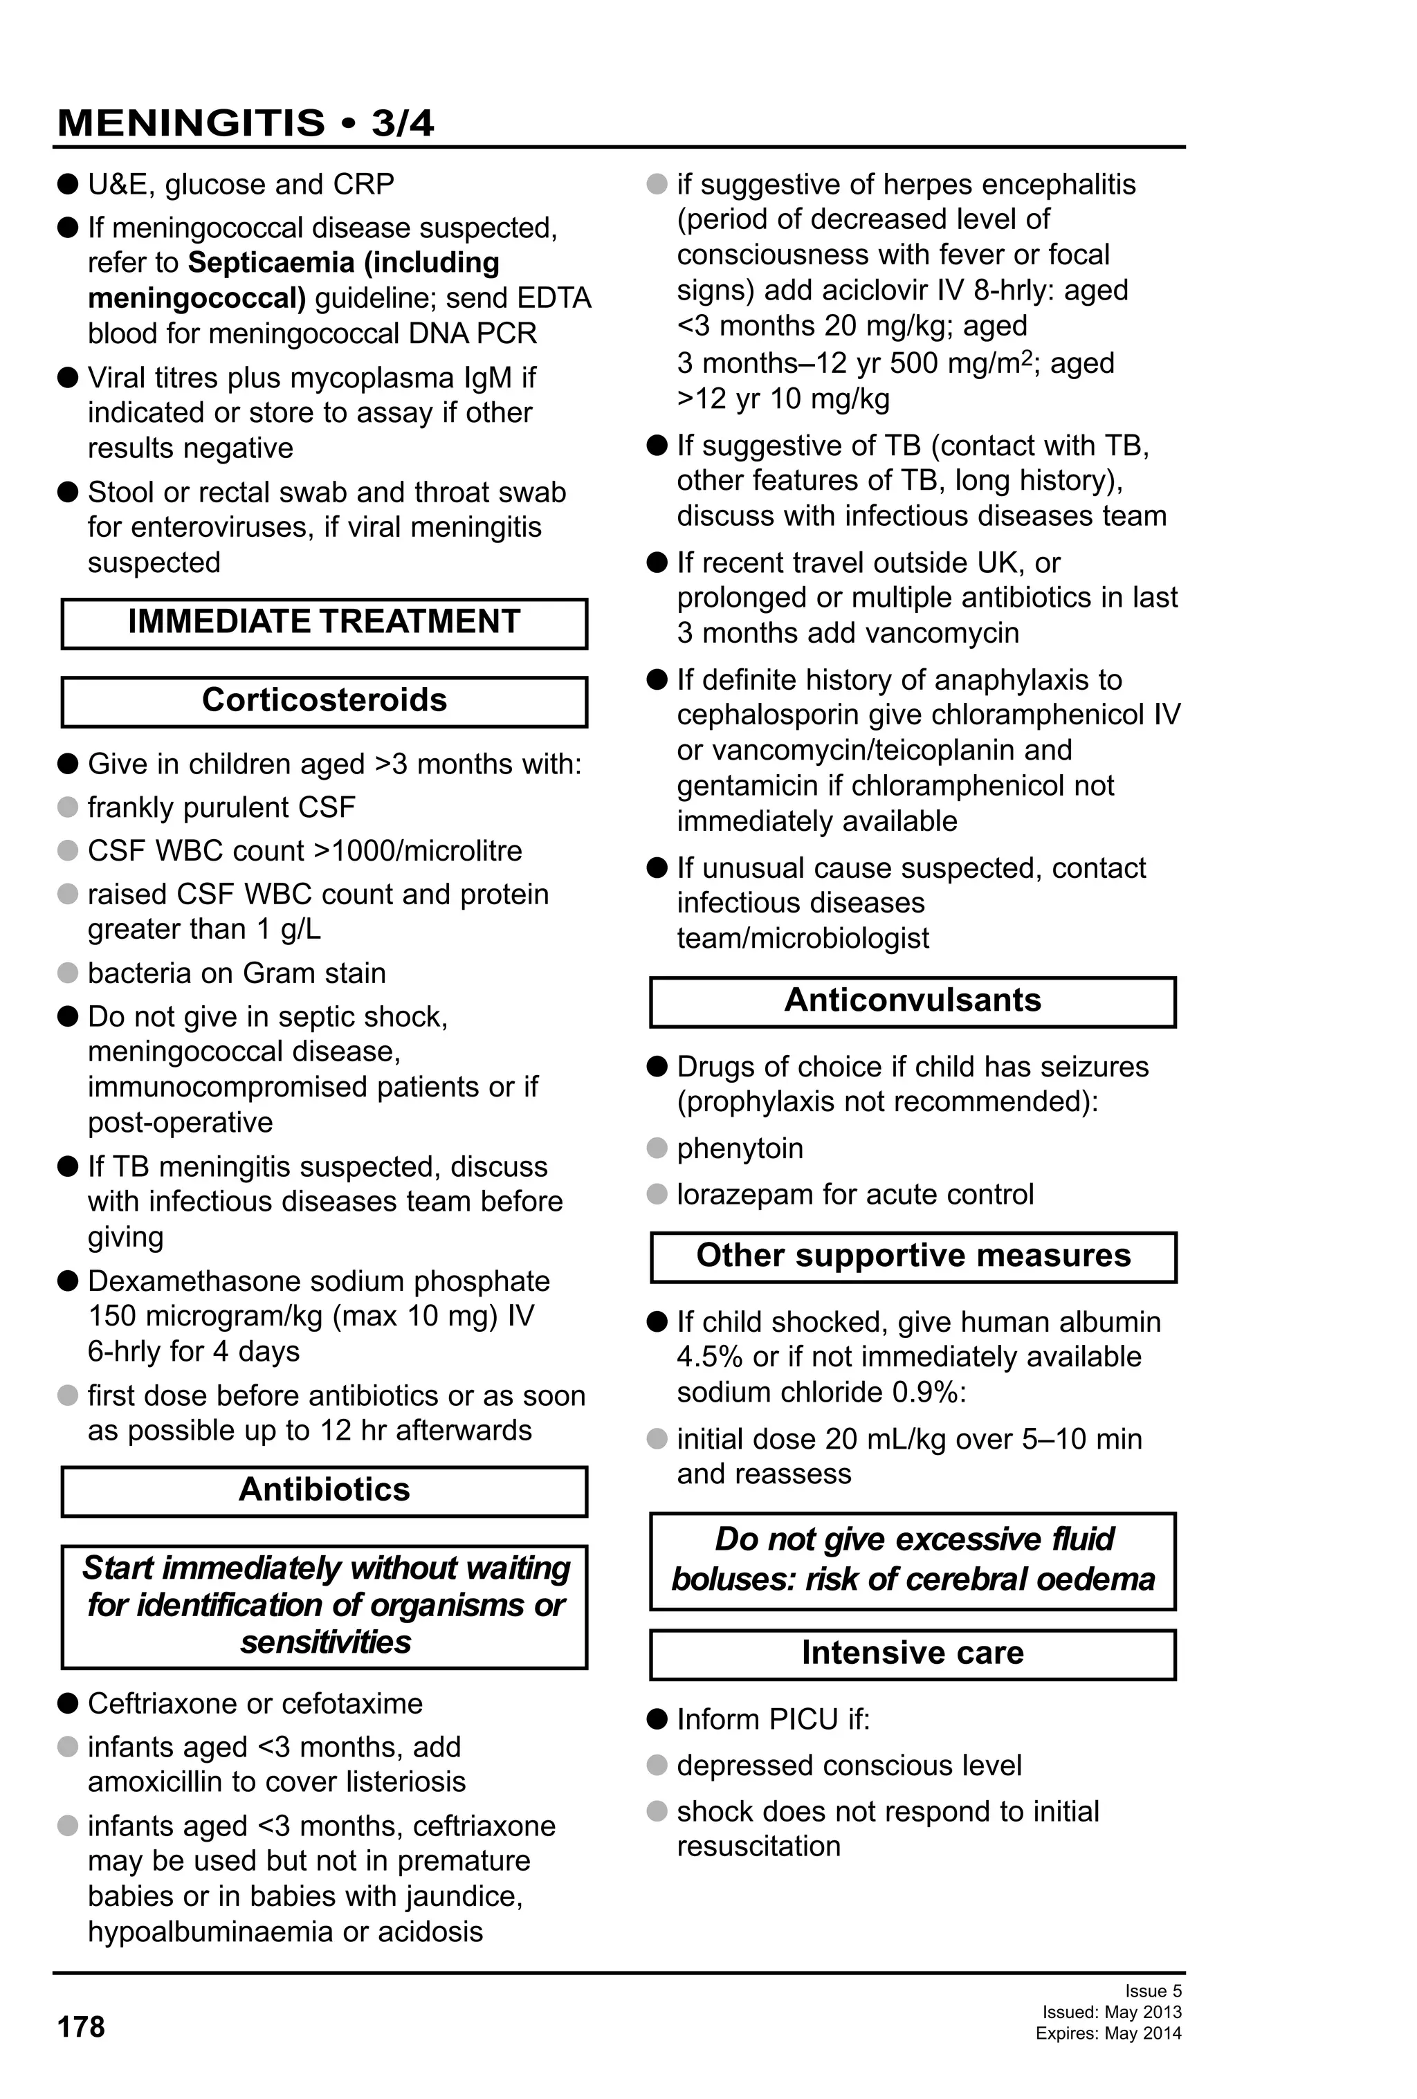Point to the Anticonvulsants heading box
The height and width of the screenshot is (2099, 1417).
[x=912, y=1001]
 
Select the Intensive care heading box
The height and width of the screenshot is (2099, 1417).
[x=912, y=1653]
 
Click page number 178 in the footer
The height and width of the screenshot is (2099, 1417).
[x=81, y=2027]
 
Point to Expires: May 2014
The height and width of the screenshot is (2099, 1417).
[x=1108, y=2034]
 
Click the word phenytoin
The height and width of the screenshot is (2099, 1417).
[x=740, y=1149]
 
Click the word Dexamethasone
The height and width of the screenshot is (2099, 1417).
[x=190, y=1282]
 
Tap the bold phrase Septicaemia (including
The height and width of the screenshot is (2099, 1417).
[x=343, y=263]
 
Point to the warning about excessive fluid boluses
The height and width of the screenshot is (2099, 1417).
[x=912, y=1560]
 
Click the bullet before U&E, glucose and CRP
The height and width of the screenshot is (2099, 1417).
[x=68, y=184]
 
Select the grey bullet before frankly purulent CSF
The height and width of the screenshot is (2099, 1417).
[x=68, y=807]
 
